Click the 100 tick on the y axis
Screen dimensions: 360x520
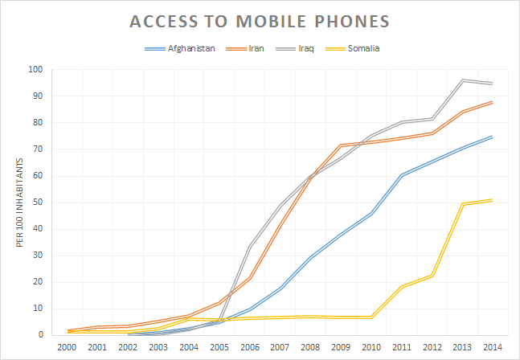coord(36,69)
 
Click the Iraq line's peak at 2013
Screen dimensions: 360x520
coord(461,80)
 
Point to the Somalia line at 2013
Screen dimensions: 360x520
coord(461,203)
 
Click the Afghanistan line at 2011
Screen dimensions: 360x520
coord(401,174)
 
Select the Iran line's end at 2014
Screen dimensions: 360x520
coord(490,102)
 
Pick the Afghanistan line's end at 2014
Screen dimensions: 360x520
coord(490,137)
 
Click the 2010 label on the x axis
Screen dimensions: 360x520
coord(371,347)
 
